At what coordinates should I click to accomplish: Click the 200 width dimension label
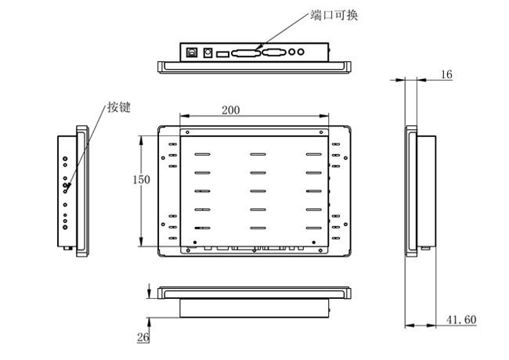coord(231,110)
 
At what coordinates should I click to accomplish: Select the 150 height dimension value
coord(141,179)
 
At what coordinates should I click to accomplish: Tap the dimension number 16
coord(446,74)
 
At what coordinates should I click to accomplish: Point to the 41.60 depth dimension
coord(461,320)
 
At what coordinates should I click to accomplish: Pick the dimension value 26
coord(143,337)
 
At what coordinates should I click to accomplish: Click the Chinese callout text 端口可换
coord(334,15)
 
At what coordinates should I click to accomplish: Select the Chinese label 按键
coord(119,107)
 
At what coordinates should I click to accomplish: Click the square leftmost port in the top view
coord(192,52)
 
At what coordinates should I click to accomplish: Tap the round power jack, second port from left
coord(208,52)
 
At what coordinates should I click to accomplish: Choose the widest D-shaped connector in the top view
coord(246,53)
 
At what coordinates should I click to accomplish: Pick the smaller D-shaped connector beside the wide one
coord(274,52)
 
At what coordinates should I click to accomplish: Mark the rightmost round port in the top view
coord(301,52)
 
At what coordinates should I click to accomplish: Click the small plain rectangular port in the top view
coord(222,54)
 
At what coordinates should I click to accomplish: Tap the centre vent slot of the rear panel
coord(258,191)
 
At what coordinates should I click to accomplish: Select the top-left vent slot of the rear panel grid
coord(203,154)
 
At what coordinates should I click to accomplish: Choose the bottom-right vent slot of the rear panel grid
coord(314,228)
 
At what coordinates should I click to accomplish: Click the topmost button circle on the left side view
coord(65,159)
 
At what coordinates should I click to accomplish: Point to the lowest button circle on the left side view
coord(65,227)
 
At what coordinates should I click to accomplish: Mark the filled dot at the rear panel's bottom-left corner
coord(195,243)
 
